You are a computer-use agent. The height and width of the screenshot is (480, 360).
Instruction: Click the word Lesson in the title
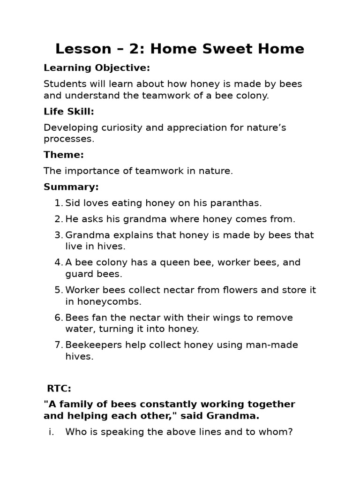82,49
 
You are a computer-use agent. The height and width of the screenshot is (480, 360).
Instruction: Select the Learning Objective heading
97,68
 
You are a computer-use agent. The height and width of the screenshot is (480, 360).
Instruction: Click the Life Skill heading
69,112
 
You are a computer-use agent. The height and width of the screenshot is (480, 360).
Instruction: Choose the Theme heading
64,155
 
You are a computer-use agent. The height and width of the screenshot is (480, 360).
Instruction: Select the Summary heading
71,187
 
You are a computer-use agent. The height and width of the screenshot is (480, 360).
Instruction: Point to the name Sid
73,203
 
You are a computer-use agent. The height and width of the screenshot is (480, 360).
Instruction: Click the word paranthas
237,203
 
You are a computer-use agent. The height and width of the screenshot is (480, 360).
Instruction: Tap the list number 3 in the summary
58,235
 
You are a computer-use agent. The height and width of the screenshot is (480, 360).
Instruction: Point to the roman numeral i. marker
51,432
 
